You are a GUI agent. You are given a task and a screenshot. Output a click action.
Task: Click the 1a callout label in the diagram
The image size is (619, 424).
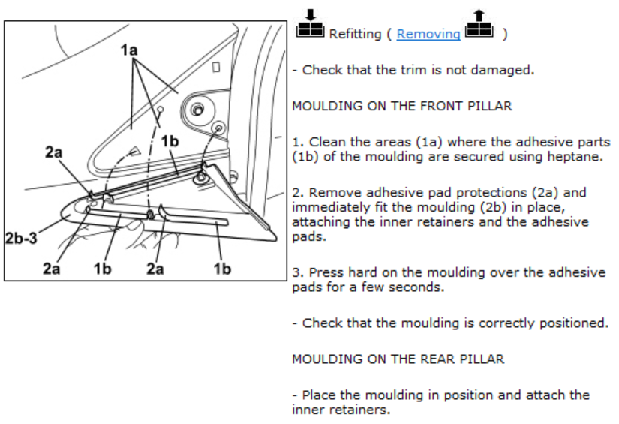coord(131,50)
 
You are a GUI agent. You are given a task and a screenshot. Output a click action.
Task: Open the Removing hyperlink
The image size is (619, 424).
coord(428,34)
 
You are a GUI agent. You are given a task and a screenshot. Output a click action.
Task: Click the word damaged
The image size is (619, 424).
coord(509,71)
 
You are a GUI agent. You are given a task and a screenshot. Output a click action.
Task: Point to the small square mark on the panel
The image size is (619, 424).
coord(216,68)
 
